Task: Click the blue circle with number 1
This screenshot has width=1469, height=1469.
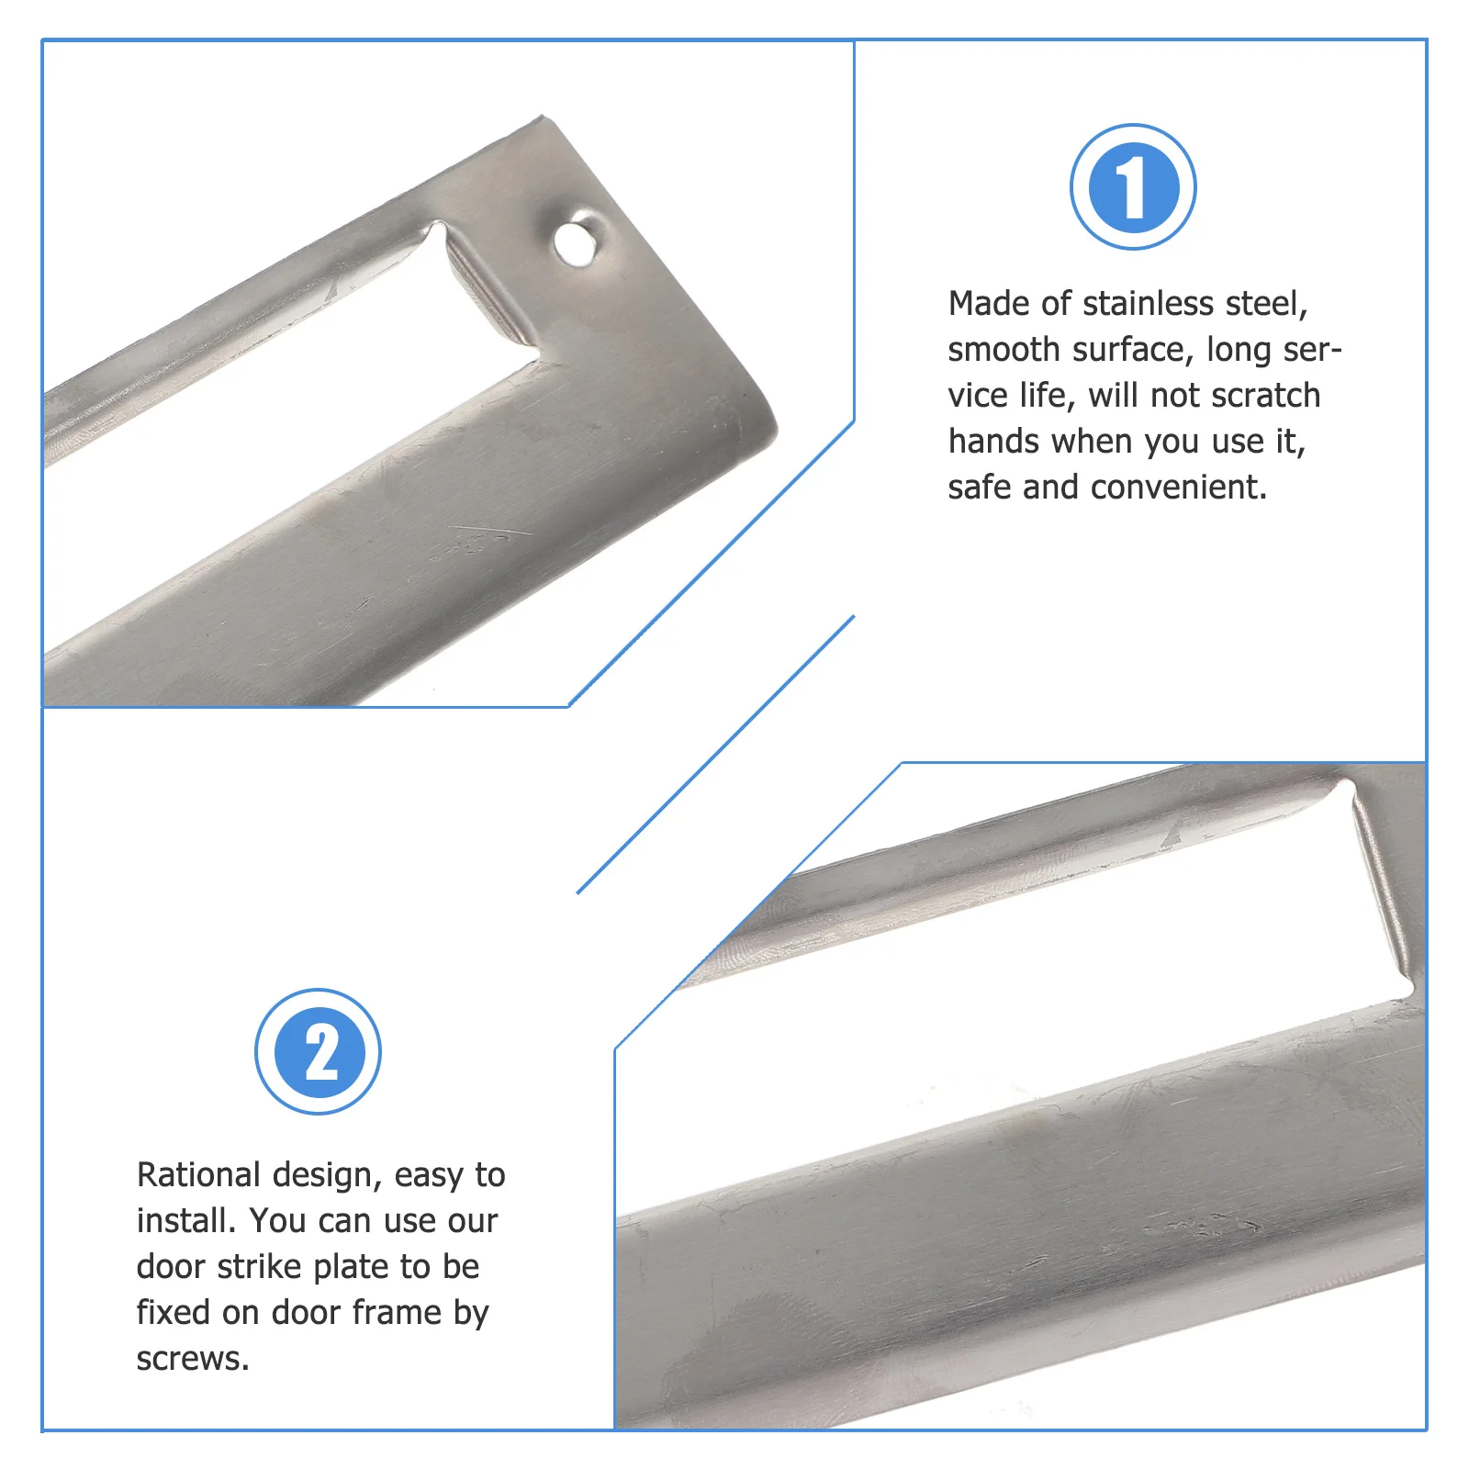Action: tap(1133, 187)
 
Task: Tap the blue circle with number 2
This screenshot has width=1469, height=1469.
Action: tap(318, 1052)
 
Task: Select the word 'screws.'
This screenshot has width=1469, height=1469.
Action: tap(193, 1359)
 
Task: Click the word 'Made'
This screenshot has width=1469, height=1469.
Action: tap(986, 304)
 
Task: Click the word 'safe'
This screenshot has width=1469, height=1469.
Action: tap(980, 488)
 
